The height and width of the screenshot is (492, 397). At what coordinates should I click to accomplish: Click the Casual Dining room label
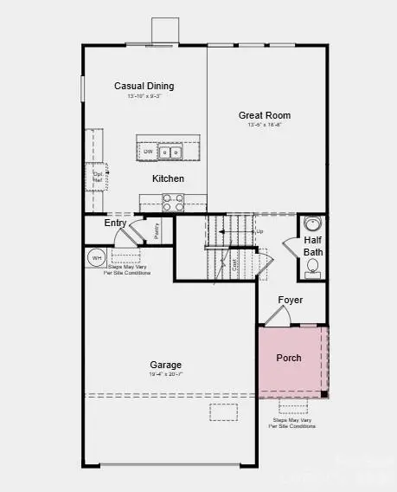[144, 86]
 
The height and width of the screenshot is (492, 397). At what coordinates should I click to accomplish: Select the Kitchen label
[168, 178]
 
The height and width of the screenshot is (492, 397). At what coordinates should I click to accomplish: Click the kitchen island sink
[170, 152]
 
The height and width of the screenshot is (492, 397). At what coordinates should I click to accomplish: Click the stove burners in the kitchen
[173, 202]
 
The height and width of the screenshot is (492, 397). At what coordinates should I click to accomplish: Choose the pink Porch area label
[288, 358]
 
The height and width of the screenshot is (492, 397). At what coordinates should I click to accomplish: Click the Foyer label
[290, 301]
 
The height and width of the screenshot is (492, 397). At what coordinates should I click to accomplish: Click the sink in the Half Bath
[313, 225]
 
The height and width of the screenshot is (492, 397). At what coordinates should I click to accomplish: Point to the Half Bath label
[312, 246]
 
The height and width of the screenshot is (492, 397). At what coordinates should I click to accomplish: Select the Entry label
[115, 223]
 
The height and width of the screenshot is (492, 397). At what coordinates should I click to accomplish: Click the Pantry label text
[157, 231]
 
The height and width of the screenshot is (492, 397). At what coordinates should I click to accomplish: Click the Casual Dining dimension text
[144, 96]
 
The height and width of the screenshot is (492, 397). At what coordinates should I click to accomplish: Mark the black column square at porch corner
[324, 395]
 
